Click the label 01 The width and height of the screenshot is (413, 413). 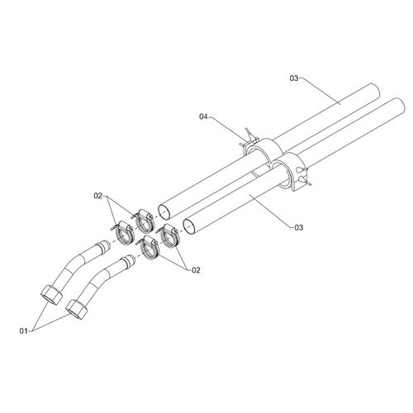(23, 331)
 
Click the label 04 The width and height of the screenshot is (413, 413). (203, 116)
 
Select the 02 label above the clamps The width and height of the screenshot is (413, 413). (98, 196)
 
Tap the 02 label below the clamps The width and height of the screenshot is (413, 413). (196, 270)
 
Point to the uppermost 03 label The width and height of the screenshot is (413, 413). (294, 78)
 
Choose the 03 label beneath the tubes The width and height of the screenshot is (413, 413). (299, 227)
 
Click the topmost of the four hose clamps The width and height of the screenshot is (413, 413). (144, 221)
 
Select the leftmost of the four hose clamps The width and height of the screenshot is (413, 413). (123, 233)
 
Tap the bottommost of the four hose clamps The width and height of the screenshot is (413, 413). (148, 248)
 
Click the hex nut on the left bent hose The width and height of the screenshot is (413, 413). (51, 294)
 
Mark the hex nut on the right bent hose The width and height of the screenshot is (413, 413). (78, 310)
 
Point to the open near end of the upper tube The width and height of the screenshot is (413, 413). (164, 212)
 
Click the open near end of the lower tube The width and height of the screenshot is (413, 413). (190, 226)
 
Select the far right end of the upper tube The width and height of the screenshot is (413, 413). (375, 92)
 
